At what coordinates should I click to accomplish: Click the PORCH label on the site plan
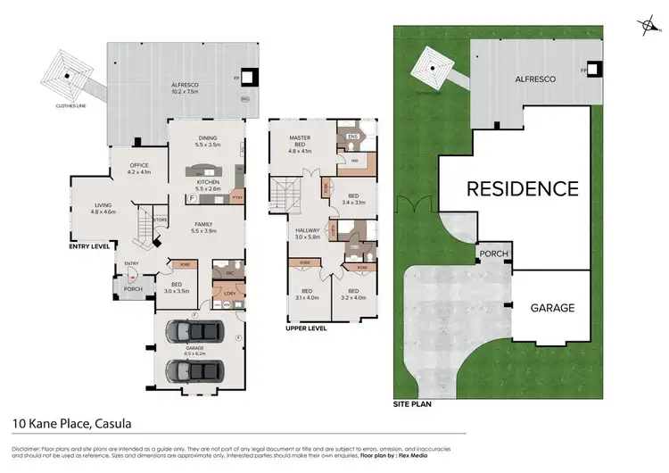coord(494,253)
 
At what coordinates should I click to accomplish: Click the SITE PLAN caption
coord(413,403)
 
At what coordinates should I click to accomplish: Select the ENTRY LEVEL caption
coord(89,245)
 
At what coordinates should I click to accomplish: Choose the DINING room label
coord(206,139)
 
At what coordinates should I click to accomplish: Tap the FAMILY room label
coord(206,227)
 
